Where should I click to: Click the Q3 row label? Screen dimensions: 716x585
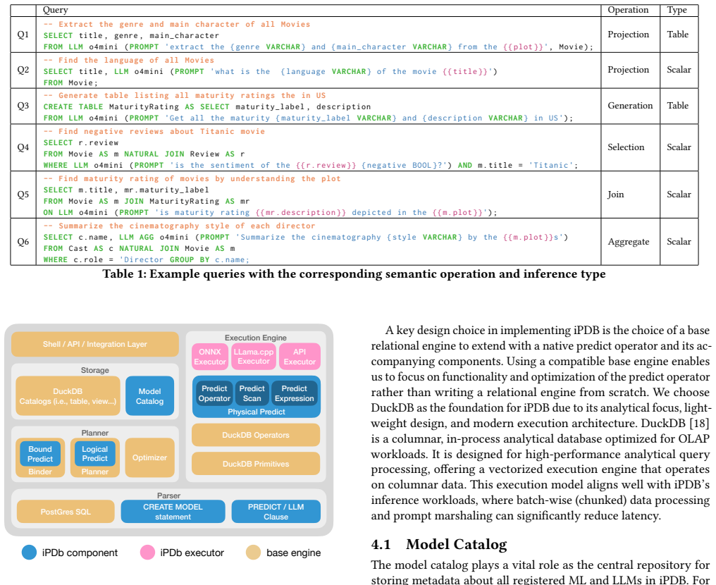tap(23, 106)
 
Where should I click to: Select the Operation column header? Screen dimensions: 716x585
tap(628, 10)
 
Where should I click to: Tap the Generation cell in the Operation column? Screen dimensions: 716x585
tap(630, 106)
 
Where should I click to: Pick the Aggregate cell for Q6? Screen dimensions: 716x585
tap(629, 242)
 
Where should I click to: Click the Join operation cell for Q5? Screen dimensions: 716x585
tap(615, 195)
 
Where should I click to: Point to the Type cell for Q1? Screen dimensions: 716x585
tap(678, 35)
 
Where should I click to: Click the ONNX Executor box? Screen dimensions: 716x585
tap(210, 357)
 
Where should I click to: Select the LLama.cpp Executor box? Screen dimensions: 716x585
tap(254, 356)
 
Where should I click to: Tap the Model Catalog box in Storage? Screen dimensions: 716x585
tap(150, 396)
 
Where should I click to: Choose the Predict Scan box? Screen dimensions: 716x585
tap(252, 393)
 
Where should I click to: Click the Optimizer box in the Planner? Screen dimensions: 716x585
tap(150, 457)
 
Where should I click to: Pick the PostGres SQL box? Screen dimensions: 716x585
tap(66, 512)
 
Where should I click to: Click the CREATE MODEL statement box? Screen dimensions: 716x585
tap(173, 512)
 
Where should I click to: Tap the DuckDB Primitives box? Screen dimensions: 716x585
tap(256, 464)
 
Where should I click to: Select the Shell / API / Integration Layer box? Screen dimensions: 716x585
tap(95, 344)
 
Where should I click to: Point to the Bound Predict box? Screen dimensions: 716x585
tap(40, 454)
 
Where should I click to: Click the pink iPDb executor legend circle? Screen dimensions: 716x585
tap(147, 552)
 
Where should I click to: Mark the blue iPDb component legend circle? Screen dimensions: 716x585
tap(29, 552)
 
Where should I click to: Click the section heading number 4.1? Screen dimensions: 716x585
tap(381, 544)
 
